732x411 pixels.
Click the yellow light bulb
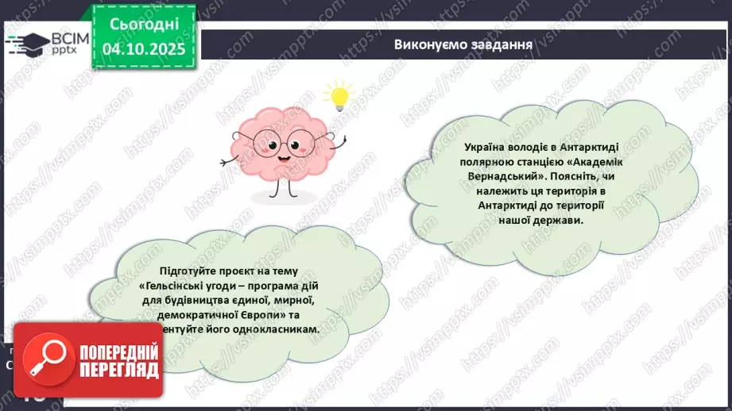(x=339, y=97)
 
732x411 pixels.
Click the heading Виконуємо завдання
(x=463, y=44)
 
